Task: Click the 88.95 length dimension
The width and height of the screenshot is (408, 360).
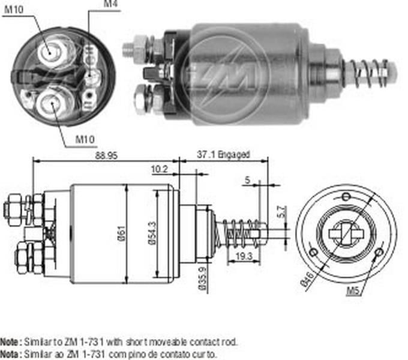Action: [x=106, y=154]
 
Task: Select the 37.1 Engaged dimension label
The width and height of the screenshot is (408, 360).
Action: [x=223, y=154]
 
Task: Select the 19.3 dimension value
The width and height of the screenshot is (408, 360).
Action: [x=243, y=256]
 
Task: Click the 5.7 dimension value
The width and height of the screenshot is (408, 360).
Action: [x=282, y=212]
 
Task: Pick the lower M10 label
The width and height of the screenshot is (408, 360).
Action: [x=85, y=140]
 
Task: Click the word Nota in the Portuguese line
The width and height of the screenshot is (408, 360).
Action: [x=10, y=354]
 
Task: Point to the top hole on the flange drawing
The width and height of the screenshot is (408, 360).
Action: [x=345, y=196]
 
